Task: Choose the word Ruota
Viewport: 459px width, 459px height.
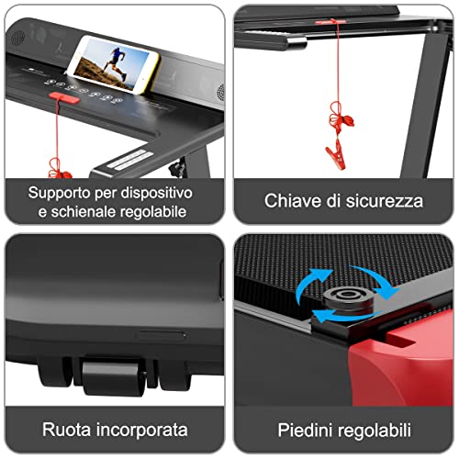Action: coord(66,430)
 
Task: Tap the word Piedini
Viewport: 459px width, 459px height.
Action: coord(304,430)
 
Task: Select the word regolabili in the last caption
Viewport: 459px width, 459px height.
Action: coord(375,430)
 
